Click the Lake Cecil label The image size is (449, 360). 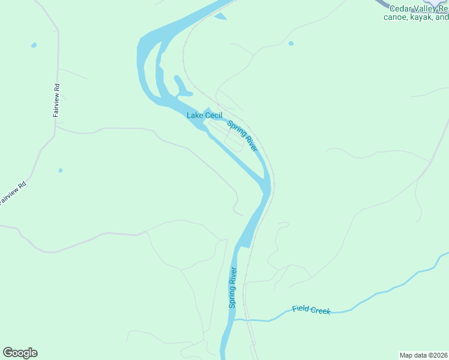coord(204,115)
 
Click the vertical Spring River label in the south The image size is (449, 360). coord(233,287)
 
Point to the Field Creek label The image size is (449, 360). coord(311,310)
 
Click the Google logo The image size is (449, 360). coord(20,353)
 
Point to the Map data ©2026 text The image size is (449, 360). coord(423,355)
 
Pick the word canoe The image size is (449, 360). coord(396,17)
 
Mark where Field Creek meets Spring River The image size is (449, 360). coord(235,320)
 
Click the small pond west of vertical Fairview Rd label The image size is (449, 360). coord(34,45)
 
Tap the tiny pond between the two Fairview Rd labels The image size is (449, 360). coord(60,170)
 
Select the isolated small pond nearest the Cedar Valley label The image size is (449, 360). coord(291,43)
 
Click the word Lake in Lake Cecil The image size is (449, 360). coord(194,115)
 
